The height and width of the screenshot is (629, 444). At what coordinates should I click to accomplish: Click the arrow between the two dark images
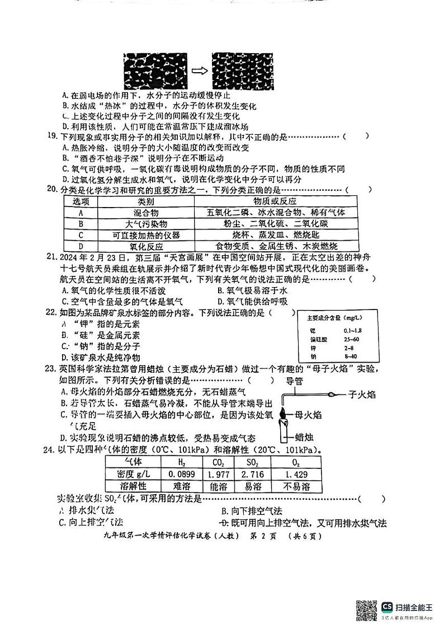click(200, 71)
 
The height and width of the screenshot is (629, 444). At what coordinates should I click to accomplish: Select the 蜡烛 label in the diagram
click(306, 437)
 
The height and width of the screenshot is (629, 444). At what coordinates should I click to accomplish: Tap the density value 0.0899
click(181, 474)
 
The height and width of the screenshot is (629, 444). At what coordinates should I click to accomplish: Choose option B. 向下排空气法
click(252, 510)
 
